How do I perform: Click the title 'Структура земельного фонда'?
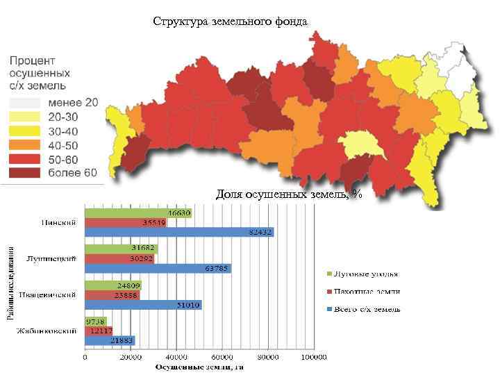point(230,21)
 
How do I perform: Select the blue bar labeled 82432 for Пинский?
point(179,232)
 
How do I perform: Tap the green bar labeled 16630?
point(138,212)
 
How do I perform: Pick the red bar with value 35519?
point(126,222)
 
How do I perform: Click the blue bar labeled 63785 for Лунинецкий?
point(158,268)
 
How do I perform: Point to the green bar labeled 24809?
point(113,285)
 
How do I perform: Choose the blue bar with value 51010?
point(143,304)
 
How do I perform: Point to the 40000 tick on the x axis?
point(176,357)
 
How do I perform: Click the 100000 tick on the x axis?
point(313,357)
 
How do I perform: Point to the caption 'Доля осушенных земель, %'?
point(288,194)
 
